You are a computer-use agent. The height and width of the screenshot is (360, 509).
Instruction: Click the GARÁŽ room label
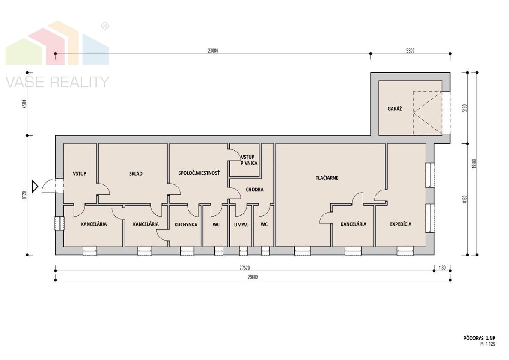point(395,109)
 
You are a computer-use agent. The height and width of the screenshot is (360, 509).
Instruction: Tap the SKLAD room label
point(136,173)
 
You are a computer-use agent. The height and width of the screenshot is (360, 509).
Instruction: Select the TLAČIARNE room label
point(327,178)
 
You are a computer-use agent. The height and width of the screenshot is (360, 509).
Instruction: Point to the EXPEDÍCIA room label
point(401,224)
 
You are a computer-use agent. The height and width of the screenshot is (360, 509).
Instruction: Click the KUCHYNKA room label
point(186,224)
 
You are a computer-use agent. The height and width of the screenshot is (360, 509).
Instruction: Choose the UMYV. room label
point(241,224)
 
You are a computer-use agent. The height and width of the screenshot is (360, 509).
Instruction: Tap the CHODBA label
point(254,190)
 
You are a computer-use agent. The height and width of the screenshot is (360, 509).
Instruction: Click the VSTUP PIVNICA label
point(249,160)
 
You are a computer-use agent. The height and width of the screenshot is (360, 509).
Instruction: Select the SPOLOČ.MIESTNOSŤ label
point(199,173)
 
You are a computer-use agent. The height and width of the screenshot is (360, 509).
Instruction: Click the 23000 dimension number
point(213,51)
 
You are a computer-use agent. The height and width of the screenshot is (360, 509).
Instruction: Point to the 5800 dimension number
point(410,51)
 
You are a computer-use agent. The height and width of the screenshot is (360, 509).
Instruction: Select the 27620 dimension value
point(245,268)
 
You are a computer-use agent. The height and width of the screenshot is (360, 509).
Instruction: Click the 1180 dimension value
point(442,268)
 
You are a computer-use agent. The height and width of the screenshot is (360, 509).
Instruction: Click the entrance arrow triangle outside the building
point(35,186)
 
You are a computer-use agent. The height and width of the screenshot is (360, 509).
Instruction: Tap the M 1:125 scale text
point(488,345)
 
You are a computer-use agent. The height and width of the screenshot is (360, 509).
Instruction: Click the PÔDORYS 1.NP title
point(479,338)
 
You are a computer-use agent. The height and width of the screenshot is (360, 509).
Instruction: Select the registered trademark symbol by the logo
point(105,26)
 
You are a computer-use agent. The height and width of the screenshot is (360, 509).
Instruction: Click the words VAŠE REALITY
point(57,82)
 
